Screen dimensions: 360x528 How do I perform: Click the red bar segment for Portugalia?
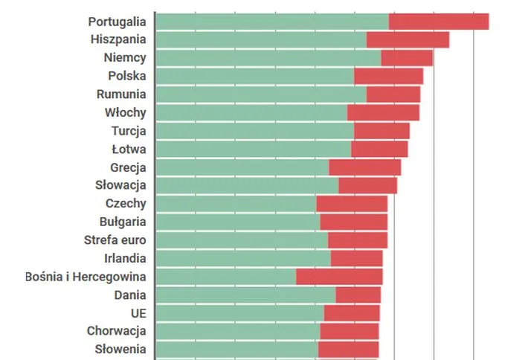[438, 22]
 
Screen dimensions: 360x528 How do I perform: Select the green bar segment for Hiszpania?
[261, 39]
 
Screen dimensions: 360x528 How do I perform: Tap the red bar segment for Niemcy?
[407, 58]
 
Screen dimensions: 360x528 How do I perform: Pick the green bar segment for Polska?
[255, 76]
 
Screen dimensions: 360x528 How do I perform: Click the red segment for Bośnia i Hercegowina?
[339, 277]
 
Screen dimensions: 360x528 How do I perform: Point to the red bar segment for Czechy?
[352, 204]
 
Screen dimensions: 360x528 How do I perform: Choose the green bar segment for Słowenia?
[236, 350]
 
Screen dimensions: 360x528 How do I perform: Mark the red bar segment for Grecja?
[364, 167]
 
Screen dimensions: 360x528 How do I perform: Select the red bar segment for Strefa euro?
[357, 240]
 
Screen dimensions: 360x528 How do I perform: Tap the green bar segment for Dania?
[245, 295]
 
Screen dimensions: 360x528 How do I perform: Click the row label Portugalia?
[117, 21]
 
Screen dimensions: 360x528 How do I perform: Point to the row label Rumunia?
[121, 94]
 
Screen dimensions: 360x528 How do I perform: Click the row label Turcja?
[129, 130]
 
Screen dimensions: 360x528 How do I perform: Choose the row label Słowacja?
[120, 185]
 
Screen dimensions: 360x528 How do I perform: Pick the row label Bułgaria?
[123, 222]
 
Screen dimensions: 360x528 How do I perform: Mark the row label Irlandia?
[125, 258]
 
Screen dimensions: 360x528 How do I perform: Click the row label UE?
[138, 313]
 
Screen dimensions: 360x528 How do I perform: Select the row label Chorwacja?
[116, 331]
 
